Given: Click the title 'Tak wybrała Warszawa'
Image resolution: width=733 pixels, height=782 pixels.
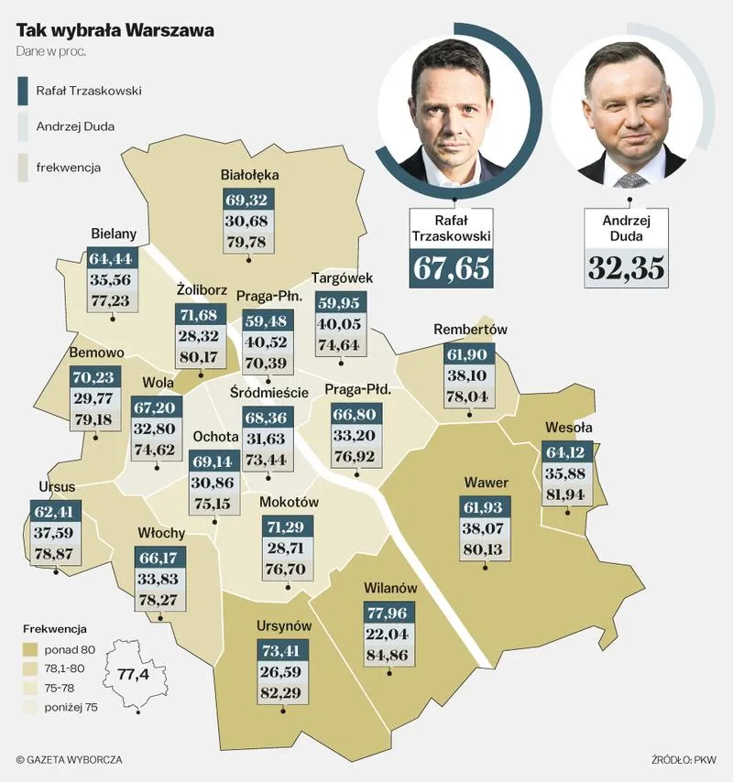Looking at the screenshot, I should coord(115,30).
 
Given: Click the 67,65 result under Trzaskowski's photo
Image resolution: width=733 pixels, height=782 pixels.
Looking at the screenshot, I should coord(451,266).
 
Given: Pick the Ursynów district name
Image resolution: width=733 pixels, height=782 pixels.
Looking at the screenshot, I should coord(284,625).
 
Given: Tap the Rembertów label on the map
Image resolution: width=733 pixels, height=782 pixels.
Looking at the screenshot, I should coord(470,330).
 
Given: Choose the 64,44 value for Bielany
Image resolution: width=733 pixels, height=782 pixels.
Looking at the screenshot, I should coord(112,258).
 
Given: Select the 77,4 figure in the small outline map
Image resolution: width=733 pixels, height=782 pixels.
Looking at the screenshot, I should coord(133,675).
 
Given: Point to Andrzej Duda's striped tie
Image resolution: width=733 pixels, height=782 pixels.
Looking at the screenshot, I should coord(630,179).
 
